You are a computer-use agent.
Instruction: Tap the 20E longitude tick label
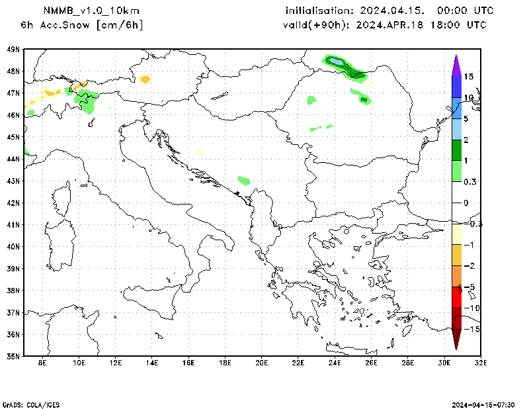coord(261,363)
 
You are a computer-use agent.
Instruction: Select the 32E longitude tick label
coord(481,363)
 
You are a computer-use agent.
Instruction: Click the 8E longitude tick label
coord(42,363)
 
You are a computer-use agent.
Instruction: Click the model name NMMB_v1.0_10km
coord(91,11)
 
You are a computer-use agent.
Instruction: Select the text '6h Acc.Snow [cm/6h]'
coord(82,25)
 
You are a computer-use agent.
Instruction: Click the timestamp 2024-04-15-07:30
coord(484,404)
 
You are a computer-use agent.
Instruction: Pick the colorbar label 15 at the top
coord(468,77)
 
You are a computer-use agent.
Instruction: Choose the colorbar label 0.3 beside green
coord(471,181)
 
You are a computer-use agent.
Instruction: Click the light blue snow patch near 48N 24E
coord(337,62)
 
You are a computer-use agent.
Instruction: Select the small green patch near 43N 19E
coord(244,180)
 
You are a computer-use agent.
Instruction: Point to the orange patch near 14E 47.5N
coord(145,79)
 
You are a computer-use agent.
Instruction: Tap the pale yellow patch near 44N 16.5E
coord(200,152)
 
